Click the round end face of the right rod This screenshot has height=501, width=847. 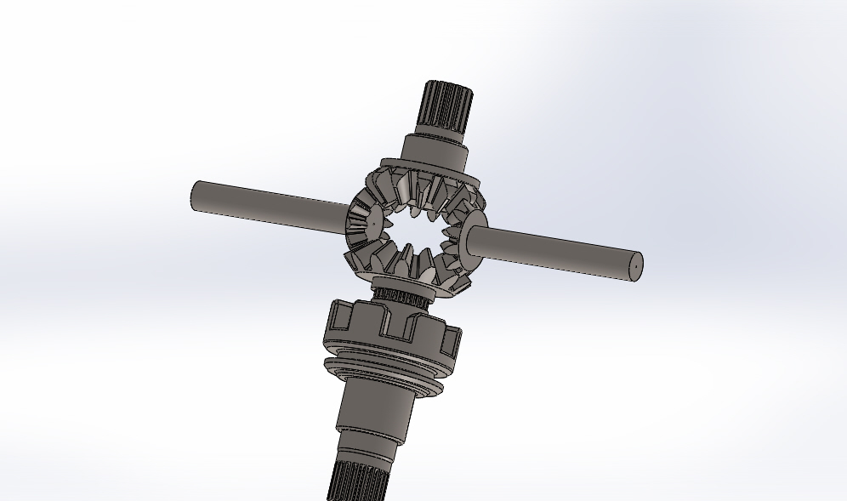tap(635, 266)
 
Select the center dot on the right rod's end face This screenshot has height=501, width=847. tap(636, 267)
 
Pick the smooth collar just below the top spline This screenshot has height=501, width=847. tap(436, 151)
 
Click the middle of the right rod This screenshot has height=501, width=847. tap(561, 254)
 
